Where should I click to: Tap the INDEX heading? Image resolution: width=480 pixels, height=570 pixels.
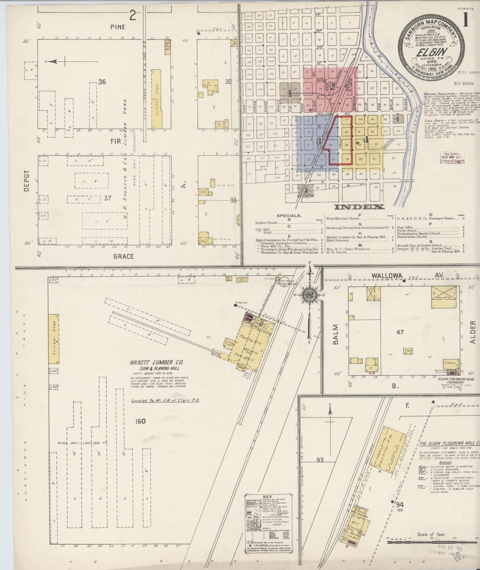tap(359, 207)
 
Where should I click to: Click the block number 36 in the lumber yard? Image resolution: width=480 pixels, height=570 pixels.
tap(102, 82)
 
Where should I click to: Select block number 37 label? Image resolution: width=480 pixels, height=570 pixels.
tap(107, 198)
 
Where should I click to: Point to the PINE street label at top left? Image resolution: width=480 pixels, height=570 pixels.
tap(118, 27)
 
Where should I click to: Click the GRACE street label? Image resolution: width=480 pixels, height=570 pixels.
tap(123, 256)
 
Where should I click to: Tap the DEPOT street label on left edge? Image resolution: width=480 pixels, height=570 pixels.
tap(27, 181)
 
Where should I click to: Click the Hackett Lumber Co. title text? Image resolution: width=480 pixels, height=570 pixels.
tap(156, 363)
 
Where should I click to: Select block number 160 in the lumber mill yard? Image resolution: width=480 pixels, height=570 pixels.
tap(140, 421)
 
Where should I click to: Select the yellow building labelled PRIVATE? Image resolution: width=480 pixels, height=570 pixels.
tap(443, 297)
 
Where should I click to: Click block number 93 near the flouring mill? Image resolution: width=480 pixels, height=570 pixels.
tap(320, 452)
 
